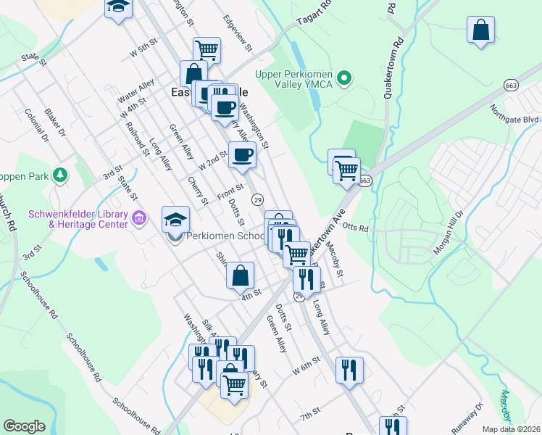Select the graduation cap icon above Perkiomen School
pyautogui.click(x=176, y=218)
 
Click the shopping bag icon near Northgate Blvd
pyautogui.click(x=480, y=30)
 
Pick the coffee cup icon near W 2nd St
pyautogui.click(x=242, y=154)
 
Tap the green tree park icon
pyautogui.click(x=61, y=175)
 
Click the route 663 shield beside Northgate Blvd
pyautogui.click(x=512, y=85)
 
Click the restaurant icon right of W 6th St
pyautogui.click(x=349, y=370)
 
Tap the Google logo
pyautogui.click(x=24, y=426)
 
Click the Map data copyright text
pyautogui.click(x=511, y=429)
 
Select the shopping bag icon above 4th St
pyautogui.click(x=240, y=275)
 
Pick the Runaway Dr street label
pyautogui.click(x=467, y=419)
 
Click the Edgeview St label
pyautogui.click(x=237, y=33)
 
